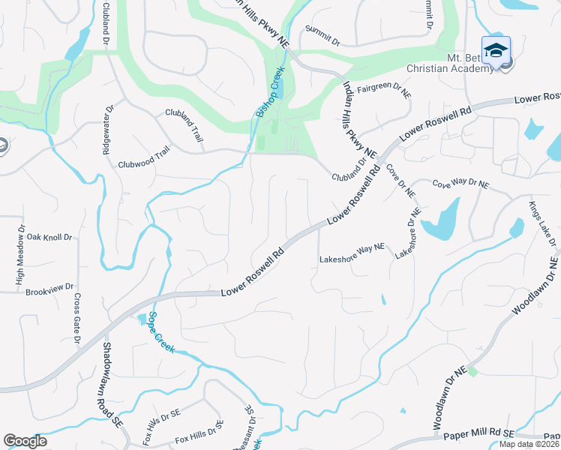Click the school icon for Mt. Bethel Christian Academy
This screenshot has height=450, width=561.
click(495, 50)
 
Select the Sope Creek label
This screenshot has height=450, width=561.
click(160, 332)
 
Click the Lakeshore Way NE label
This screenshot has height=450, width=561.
click(352, 257)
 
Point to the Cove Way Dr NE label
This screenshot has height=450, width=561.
click(460, 184)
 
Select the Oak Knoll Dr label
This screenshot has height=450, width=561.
click(49, 237)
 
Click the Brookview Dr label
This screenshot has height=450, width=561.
click(49, 287)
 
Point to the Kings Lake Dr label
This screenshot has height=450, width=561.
click(544, 223)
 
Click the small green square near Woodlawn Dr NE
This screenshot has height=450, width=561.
click(472, 372)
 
